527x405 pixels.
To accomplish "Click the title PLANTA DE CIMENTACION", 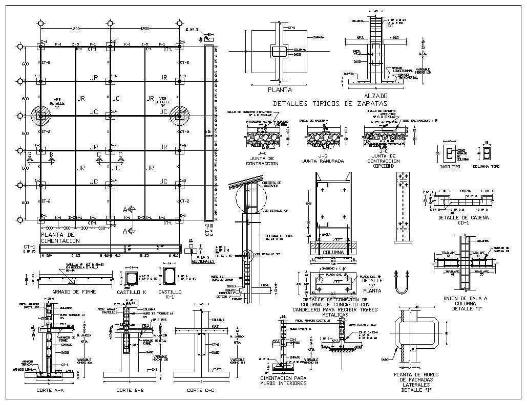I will [x=60, y=237].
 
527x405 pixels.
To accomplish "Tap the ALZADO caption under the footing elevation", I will [x=375, y=96].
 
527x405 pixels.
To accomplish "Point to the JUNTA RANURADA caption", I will [x=323, y=161].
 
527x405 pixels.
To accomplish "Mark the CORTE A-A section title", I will [x=50, y=390].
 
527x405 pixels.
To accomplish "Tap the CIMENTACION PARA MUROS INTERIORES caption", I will [x=283, y=380].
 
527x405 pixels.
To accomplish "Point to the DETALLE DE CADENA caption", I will [x=463, y=218].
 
